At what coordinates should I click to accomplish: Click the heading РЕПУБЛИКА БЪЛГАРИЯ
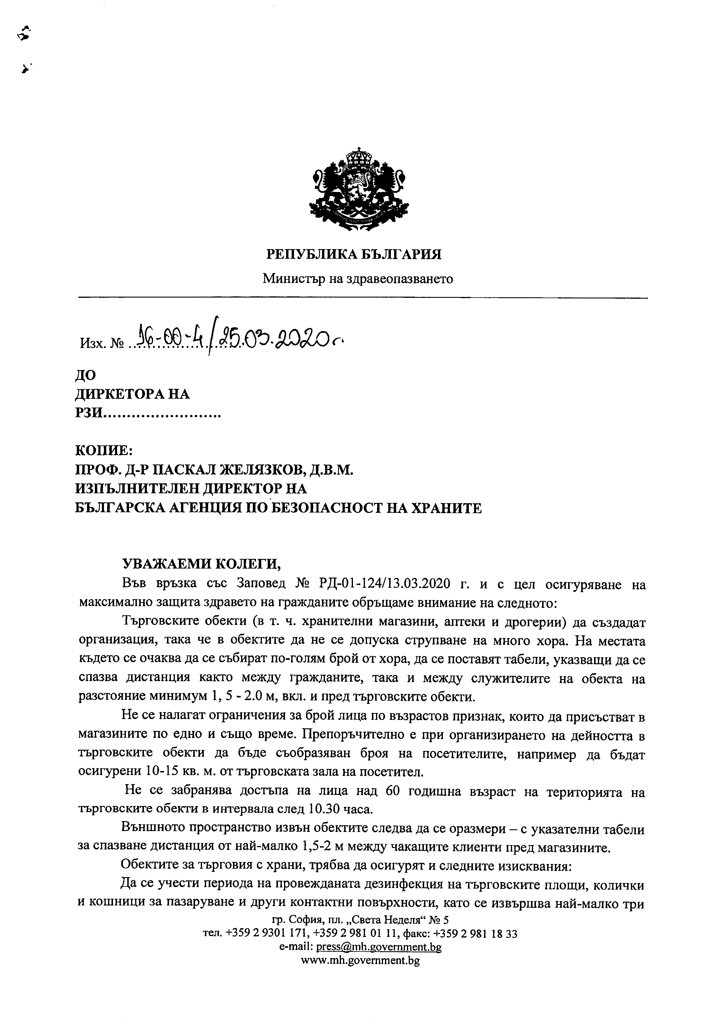point(354,254)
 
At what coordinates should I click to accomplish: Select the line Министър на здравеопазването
point(358,279)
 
